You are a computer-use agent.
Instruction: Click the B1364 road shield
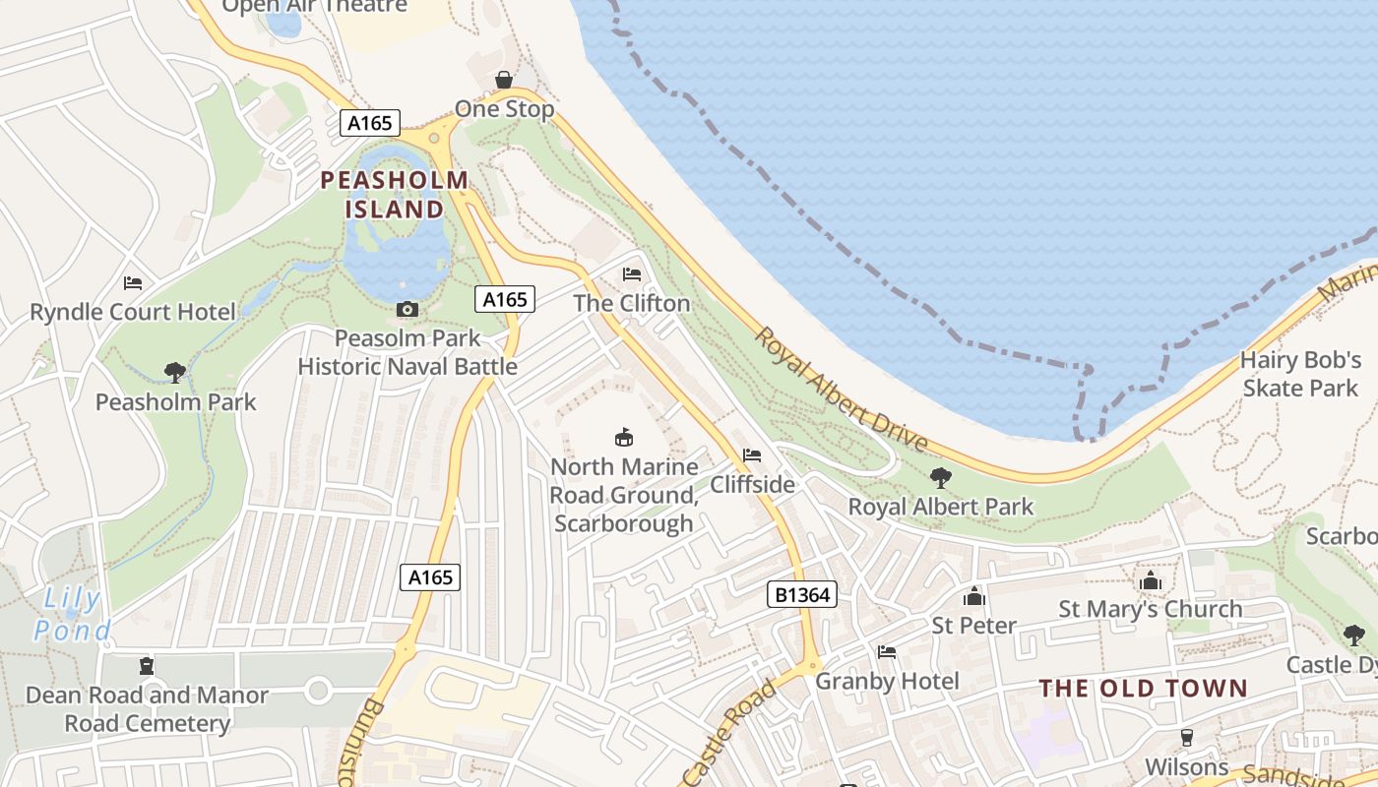pos(801,594)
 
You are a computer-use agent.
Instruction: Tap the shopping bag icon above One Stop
pos(504,80)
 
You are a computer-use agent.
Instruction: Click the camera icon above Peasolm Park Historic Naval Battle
pos(407,310)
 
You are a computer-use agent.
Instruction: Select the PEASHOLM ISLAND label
pos(395,195)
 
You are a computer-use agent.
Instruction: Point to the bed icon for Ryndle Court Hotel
pos(133,283)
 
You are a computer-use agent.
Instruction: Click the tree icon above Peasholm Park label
pos(175,373)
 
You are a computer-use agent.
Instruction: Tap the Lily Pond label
pos(72,614)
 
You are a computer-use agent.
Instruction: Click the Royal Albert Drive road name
pos(841,390)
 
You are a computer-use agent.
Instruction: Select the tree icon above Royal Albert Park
pos(940,478)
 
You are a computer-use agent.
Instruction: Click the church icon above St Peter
pos(973,596)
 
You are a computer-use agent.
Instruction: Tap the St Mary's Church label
pos(1150,609)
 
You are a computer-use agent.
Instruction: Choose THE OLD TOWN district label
pos(1143,688)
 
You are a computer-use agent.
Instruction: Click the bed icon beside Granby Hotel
pos(887,652)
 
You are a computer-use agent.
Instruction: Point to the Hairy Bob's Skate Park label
pos(1299,374)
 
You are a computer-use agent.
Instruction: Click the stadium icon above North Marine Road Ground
pos(623,438)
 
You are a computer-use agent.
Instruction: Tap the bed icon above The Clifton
pos(632,274)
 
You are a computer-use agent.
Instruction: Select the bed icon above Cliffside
pos(752,455)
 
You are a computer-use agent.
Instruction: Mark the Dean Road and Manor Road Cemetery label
pos(147,709)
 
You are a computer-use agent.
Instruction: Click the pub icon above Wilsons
pos(1186,738)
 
